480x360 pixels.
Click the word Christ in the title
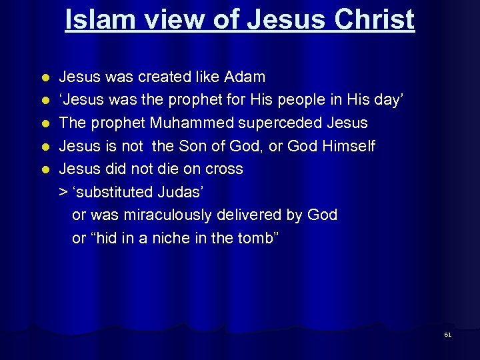(375, 20)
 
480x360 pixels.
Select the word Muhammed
(194, 123)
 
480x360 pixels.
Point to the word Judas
(180, 193)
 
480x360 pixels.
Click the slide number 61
(447, 335)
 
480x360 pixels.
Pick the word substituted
(114, 193)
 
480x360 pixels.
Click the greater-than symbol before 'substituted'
(63, 193)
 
